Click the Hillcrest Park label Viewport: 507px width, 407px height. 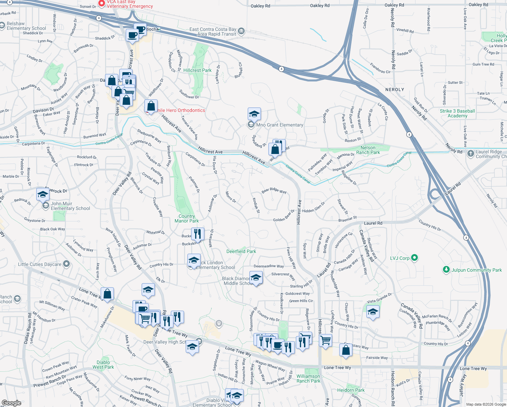pos(197,70)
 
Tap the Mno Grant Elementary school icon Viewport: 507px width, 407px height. pos(254,114)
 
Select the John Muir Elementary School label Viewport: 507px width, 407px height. pos(70,206)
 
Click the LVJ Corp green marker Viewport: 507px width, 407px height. pos(414,258)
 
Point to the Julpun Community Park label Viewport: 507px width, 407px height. pos(476,270)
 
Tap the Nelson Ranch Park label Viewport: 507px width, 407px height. pos(368,150)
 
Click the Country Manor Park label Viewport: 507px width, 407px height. pos(186,218)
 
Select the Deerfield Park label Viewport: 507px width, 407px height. pos(241,251)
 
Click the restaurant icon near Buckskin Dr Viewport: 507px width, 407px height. pos(197,234)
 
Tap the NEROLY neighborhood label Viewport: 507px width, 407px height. pos(394,90)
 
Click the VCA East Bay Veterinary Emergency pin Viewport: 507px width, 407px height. pos(102,4)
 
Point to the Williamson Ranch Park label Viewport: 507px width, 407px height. pos(308,379)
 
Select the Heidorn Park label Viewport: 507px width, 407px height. pos(351,390)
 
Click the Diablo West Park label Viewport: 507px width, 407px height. pos(103,365)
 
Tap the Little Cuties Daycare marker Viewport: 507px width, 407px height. pos(66,264)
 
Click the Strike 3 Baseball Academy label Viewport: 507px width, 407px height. pos(457,113)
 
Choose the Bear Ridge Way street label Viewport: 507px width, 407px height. pos(274,191)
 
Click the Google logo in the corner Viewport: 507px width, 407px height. pos(12,403)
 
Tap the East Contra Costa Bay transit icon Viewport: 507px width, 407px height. pos(241,32)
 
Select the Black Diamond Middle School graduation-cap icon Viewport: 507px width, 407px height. pos(256,278)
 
